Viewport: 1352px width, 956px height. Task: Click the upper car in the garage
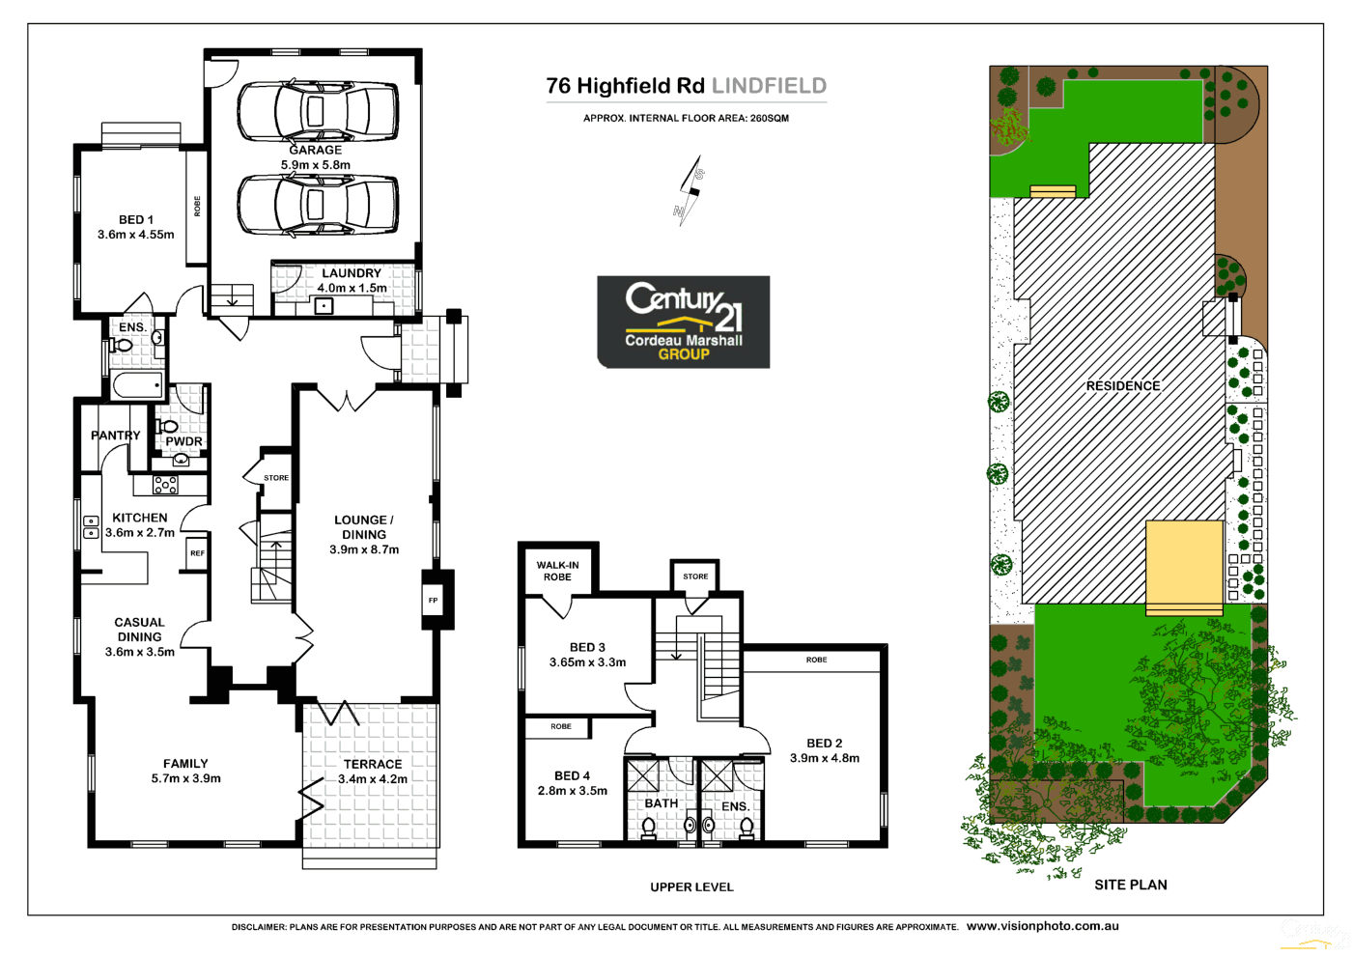click(317, 111)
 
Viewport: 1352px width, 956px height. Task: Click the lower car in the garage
click(317, 205)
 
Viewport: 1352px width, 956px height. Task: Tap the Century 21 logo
click(684, 322)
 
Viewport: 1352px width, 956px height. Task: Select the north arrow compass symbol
click(690, 191)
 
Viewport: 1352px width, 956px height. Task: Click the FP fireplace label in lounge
click(433, 601)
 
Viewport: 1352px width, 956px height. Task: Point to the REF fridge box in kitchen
click(197, 553)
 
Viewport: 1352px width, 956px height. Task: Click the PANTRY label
click(116, 436)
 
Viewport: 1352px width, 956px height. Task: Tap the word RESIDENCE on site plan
click(1123, 385)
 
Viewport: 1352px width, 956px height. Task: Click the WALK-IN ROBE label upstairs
click(557, 571)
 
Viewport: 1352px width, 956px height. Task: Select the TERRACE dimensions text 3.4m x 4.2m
click(373, 778)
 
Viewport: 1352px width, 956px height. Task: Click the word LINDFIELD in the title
click(769, 86)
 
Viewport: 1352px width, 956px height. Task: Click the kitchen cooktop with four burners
click(165, 485)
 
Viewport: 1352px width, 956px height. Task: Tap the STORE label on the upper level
click(695, 576)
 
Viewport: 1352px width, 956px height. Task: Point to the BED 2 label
click(824, 743)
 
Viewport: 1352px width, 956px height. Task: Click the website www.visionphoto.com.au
click(1043, 926)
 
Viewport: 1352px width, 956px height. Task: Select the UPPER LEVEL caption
click(691, 886)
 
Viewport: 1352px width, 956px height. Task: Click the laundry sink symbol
click(324, 307)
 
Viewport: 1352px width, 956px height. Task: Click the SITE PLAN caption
click(1130, 885)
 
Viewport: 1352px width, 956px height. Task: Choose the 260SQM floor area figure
click(770, 118)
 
